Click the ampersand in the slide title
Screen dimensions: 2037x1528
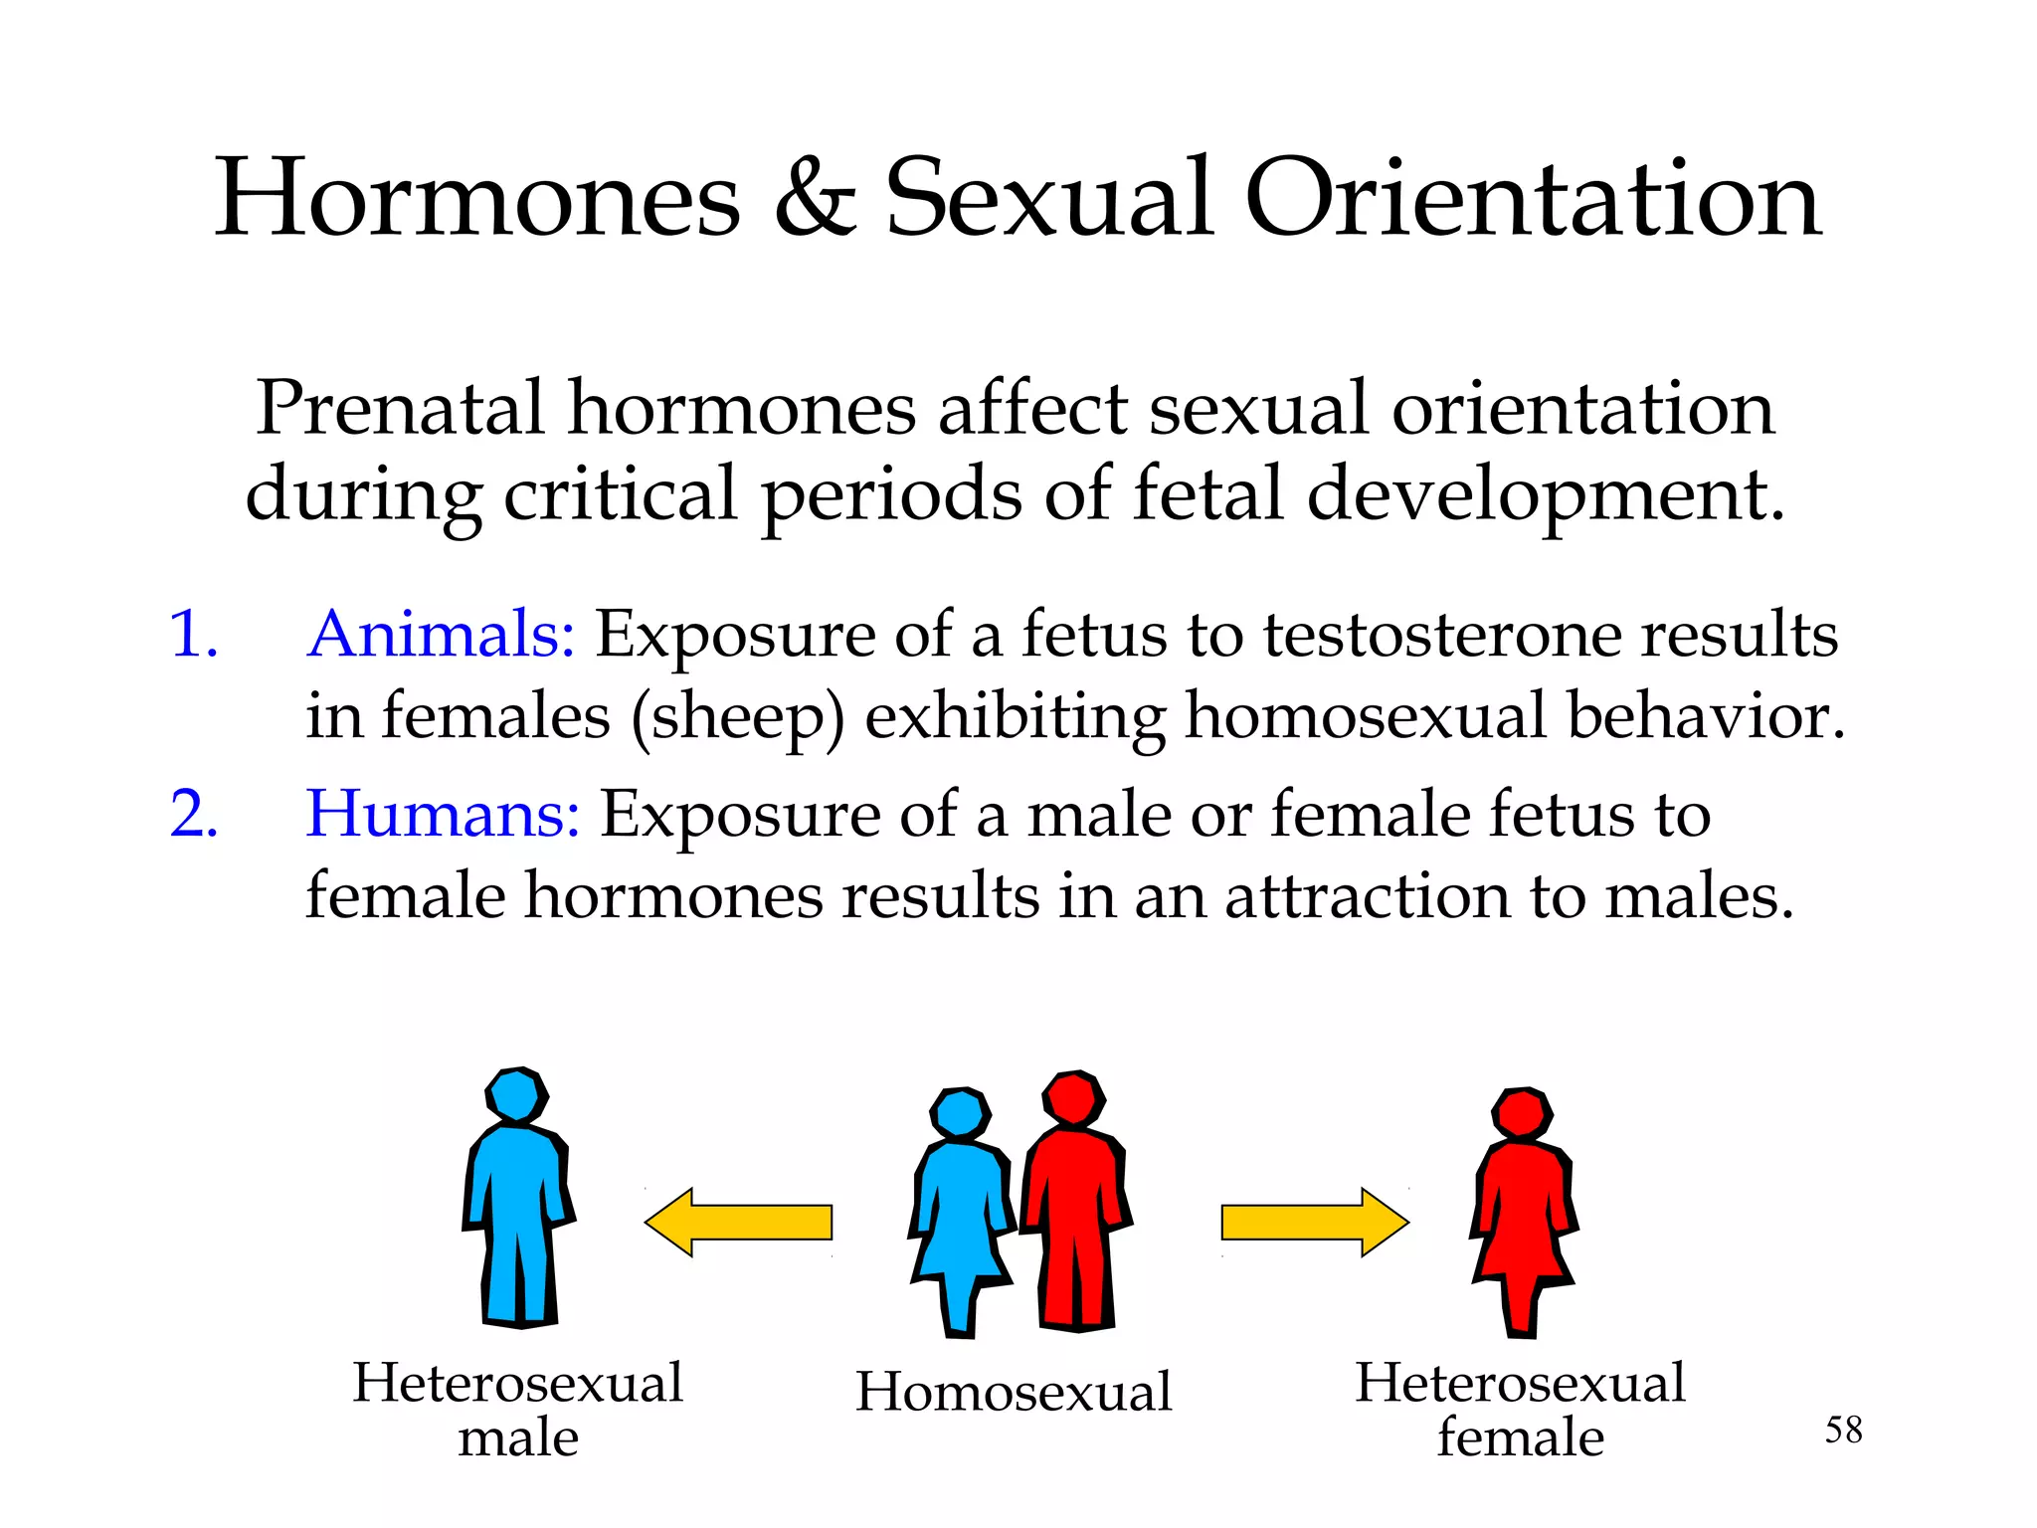(814, 199)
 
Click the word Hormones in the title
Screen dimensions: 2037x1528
(477, 199)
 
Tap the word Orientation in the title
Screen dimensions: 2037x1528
(1532, 199)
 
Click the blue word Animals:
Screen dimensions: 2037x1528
(441, 634)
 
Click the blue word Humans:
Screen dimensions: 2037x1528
(443, 814)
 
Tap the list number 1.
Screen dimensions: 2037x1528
(193, 635)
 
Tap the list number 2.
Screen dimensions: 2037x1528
(193, 815)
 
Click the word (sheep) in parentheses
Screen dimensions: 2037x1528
(737, 717)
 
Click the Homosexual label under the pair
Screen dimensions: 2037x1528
(1014, 1391)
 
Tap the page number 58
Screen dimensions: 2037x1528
(1843, 1431)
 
